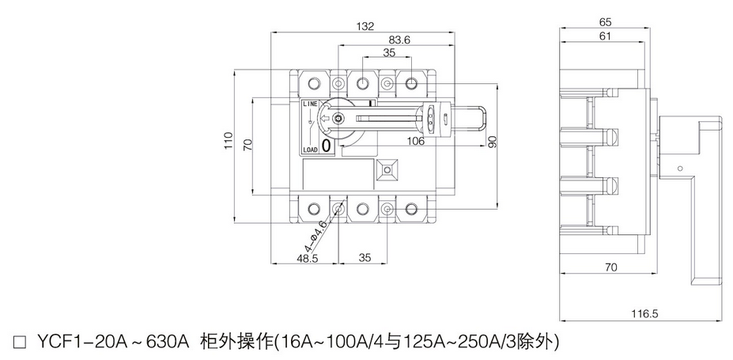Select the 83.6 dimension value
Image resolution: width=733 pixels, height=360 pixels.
399,40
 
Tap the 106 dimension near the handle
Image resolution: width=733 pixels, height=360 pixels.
416,142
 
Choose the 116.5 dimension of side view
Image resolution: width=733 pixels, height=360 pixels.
644,314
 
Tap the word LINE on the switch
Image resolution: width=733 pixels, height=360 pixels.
309,104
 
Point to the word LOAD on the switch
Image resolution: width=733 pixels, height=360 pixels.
309,149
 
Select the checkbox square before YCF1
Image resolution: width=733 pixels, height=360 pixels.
21,343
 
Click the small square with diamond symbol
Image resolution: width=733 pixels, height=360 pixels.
387,169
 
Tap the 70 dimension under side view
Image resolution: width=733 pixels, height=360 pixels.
610,268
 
